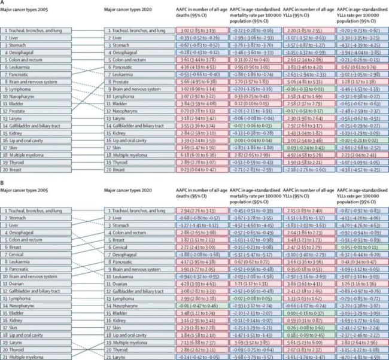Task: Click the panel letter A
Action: (x=3, y=3)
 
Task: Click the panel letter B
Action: (x=3, y=184)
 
